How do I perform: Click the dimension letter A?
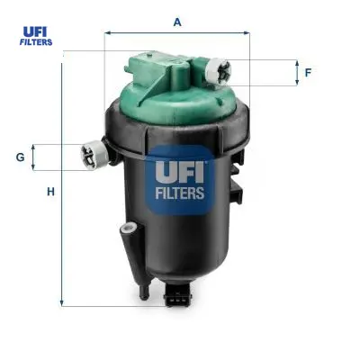(x=177, y=22)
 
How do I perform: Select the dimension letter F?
(x=308, y=73)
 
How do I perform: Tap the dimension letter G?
(x=21, y=157)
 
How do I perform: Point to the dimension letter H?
(x=50, y=192)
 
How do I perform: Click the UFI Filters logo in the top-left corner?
(x=36, y=36)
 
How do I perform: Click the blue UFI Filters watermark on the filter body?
(x=180, y=180)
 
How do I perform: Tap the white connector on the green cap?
(x=218, y=71)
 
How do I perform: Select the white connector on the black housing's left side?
(x=94, y=155)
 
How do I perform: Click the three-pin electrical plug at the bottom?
(x=177, y=294)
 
